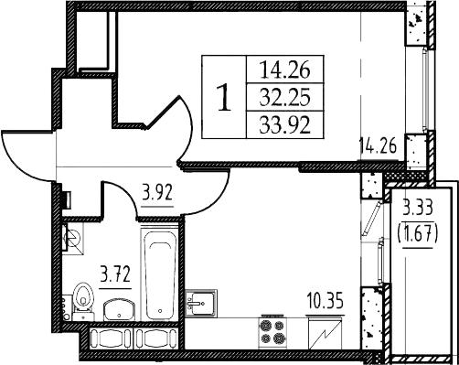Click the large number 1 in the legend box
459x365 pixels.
[224, 98]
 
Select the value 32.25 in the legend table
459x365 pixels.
[285, 97]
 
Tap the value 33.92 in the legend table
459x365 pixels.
[285, 125]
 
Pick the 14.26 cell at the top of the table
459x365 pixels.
[285, 69]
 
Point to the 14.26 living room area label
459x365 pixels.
[379, 145]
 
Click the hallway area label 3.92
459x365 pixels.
[157, 192]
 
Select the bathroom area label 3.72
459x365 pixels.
[115, 274]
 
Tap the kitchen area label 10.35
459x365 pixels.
[326, 300]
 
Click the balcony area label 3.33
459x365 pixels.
[418, 209]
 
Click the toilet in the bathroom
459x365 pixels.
[83, 300]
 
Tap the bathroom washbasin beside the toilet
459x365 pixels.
[119, 309]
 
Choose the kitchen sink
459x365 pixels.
[201, 303]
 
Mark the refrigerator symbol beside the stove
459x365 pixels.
[325, 334]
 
